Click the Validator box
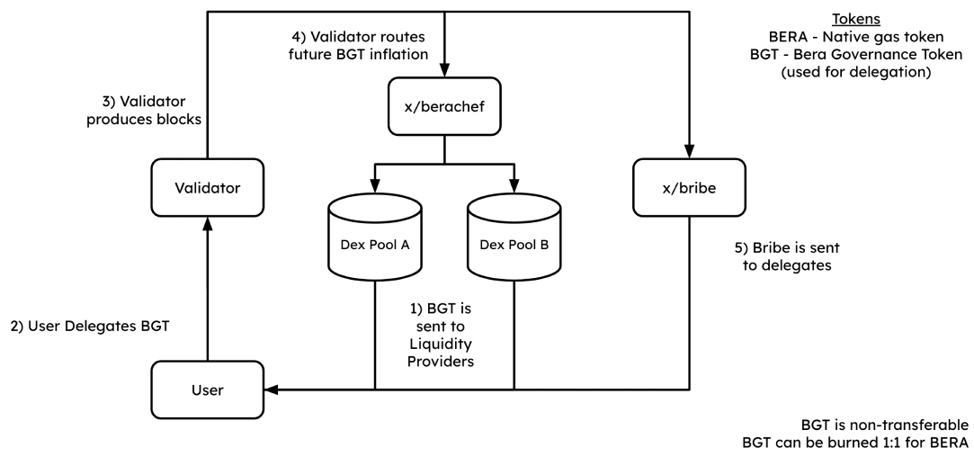point(208,187)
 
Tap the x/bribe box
point(690,187)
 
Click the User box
point(208,390)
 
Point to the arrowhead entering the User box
point(272,390)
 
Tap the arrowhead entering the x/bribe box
point(690,153)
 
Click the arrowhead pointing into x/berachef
point(445,75)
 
